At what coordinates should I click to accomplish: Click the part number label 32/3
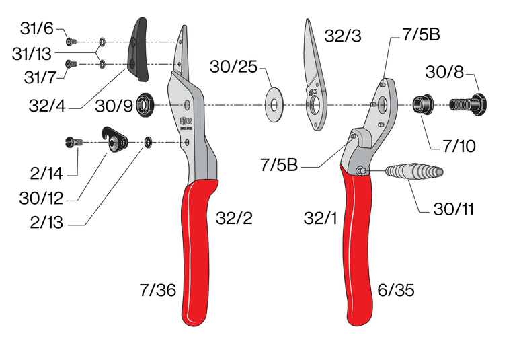[342, 36]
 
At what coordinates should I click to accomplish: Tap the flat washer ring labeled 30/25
[274, 105]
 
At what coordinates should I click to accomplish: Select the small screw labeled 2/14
[73, 141]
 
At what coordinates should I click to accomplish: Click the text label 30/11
[453, 209]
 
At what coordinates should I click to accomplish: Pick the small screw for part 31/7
[72, 64]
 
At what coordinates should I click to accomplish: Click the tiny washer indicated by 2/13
[149, 142]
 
